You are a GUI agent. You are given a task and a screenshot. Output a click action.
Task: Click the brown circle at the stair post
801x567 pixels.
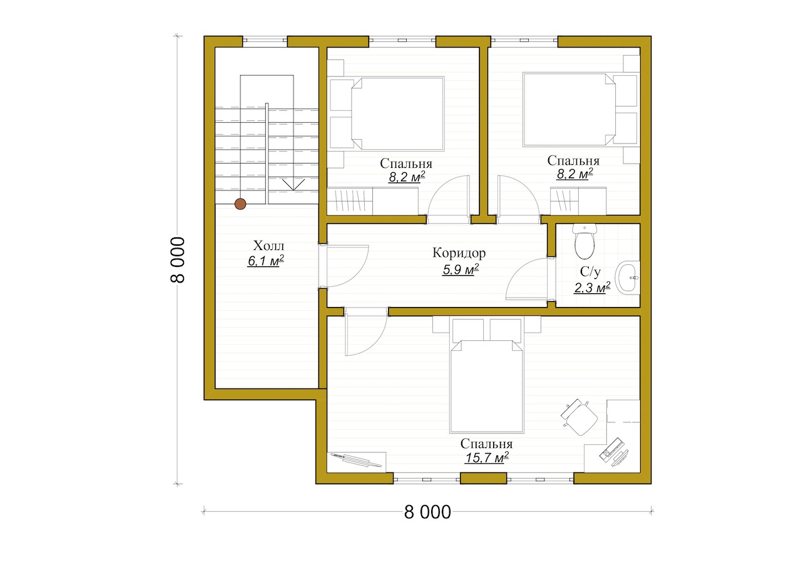240,204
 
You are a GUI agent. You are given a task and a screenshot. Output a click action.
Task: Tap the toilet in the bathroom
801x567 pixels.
584,241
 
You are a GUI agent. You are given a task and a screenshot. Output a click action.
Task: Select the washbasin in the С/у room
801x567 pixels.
628,278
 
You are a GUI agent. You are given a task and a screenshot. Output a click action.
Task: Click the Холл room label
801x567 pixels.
268,246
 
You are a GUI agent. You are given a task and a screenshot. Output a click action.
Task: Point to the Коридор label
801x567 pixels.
459,252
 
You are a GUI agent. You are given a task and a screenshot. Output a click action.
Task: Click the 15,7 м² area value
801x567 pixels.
487,458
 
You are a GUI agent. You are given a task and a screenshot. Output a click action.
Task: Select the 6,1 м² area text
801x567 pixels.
266,261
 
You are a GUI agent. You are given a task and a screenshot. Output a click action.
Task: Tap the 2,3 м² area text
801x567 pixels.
592,288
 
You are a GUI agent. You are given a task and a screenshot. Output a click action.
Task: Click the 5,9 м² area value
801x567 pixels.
461,269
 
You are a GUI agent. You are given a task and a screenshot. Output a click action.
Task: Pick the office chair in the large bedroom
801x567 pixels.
579,417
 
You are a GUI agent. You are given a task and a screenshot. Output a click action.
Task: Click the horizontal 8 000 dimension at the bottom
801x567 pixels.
427,512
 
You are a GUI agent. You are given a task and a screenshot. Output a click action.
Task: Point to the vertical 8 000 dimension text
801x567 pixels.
177,259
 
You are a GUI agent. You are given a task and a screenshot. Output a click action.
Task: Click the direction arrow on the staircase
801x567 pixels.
293,185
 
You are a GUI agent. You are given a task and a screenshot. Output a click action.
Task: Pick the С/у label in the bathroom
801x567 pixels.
589,272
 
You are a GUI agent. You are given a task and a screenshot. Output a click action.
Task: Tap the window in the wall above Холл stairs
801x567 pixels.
265,41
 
